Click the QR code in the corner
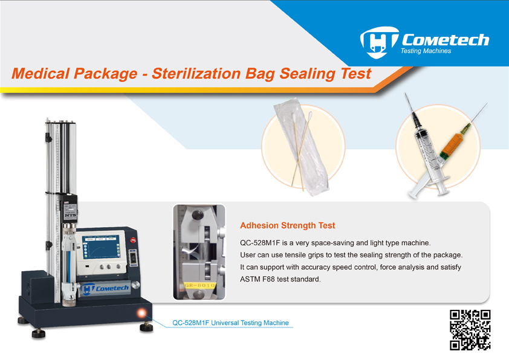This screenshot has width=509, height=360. [470, 330]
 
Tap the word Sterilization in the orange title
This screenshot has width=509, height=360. [196, 74]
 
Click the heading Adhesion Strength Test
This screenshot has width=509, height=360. [287, 225]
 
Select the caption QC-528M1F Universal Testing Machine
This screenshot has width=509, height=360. [230, 323]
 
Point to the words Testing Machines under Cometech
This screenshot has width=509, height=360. [426, 51]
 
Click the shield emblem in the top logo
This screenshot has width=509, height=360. [378, 42]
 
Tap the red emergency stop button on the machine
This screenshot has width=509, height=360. [133, 240]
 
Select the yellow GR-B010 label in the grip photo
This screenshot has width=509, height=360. [199, 286]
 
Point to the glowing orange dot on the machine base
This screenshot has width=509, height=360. [141, 313]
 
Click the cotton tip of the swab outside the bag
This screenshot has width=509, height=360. [310, 115]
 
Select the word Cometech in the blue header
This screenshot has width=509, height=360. [446, 40]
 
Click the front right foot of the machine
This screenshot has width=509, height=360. [147, 327]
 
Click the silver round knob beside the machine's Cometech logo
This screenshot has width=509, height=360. [136, 286]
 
